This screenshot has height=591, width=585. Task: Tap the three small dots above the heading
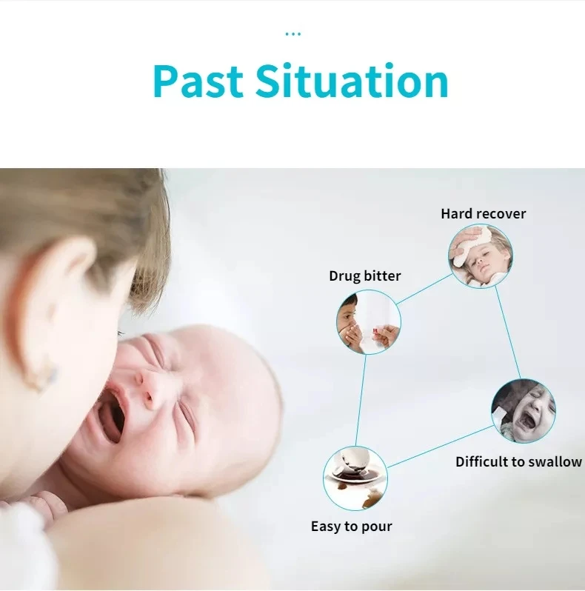(292, 33)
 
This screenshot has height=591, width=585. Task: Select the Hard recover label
(483, 214)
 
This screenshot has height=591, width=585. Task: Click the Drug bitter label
(364, 276)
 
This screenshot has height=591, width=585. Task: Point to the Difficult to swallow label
(518, 461)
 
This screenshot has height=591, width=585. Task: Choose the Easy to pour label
(351, 527)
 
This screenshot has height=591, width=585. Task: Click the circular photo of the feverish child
(480, 256)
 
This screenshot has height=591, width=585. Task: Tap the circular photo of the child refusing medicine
(369, 321)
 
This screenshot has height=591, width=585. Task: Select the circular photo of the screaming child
(523, 411)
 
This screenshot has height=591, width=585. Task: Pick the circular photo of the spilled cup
(355, 478)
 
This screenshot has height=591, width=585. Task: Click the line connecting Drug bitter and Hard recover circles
(424, 290)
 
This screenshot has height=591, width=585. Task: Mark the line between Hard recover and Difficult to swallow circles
(507, 333)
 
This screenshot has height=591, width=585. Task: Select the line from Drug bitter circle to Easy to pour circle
(361, 400)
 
